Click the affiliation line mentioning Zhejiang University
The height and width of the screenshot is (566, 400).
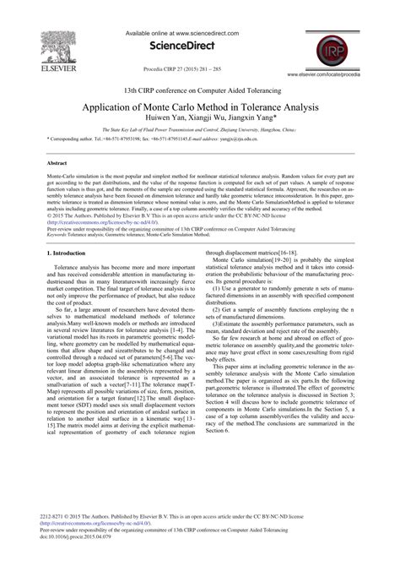pos(199,132)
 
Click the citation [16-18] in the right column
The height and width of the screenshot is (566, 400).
pos(283,252)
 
